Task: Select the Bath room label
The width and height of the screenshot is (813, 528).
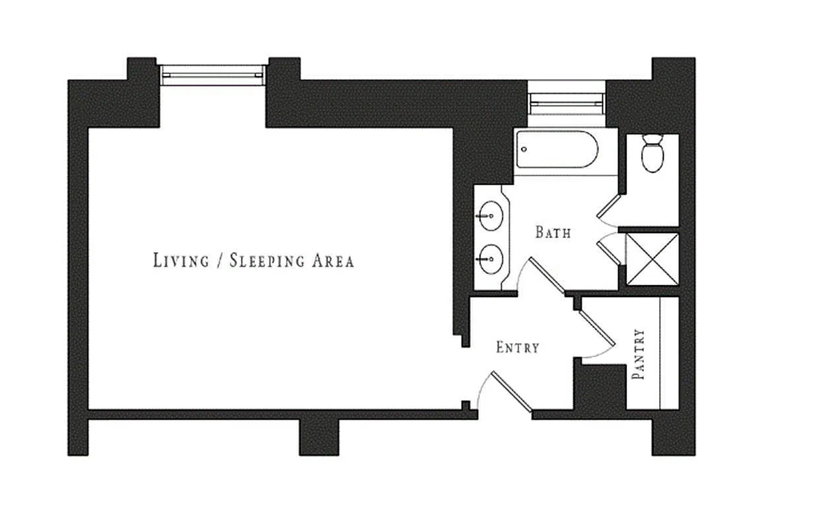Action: (x=553, y=232)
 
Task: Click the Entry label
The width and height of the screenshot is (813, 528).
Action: (x=518, y=347)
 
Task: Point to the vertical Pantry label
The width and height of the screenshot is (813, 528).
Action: (x=638, y=354)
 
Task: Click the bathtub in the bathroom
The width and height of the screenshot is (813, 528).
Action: (x=557, y=149)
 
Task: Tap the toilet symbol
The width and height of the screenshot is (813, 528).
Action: (x=653, y=153)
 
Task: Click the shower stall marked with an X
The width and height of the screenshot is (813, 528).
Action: (x=652, y=259)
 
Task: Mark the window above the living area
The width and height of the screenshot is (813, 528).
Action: (x=213, y=75)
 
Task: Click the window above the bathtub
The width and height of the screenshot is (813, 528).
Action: (x=567, y=100)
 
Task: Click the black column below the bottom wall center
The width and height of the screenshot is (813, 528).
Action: (x=319, y=437)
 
